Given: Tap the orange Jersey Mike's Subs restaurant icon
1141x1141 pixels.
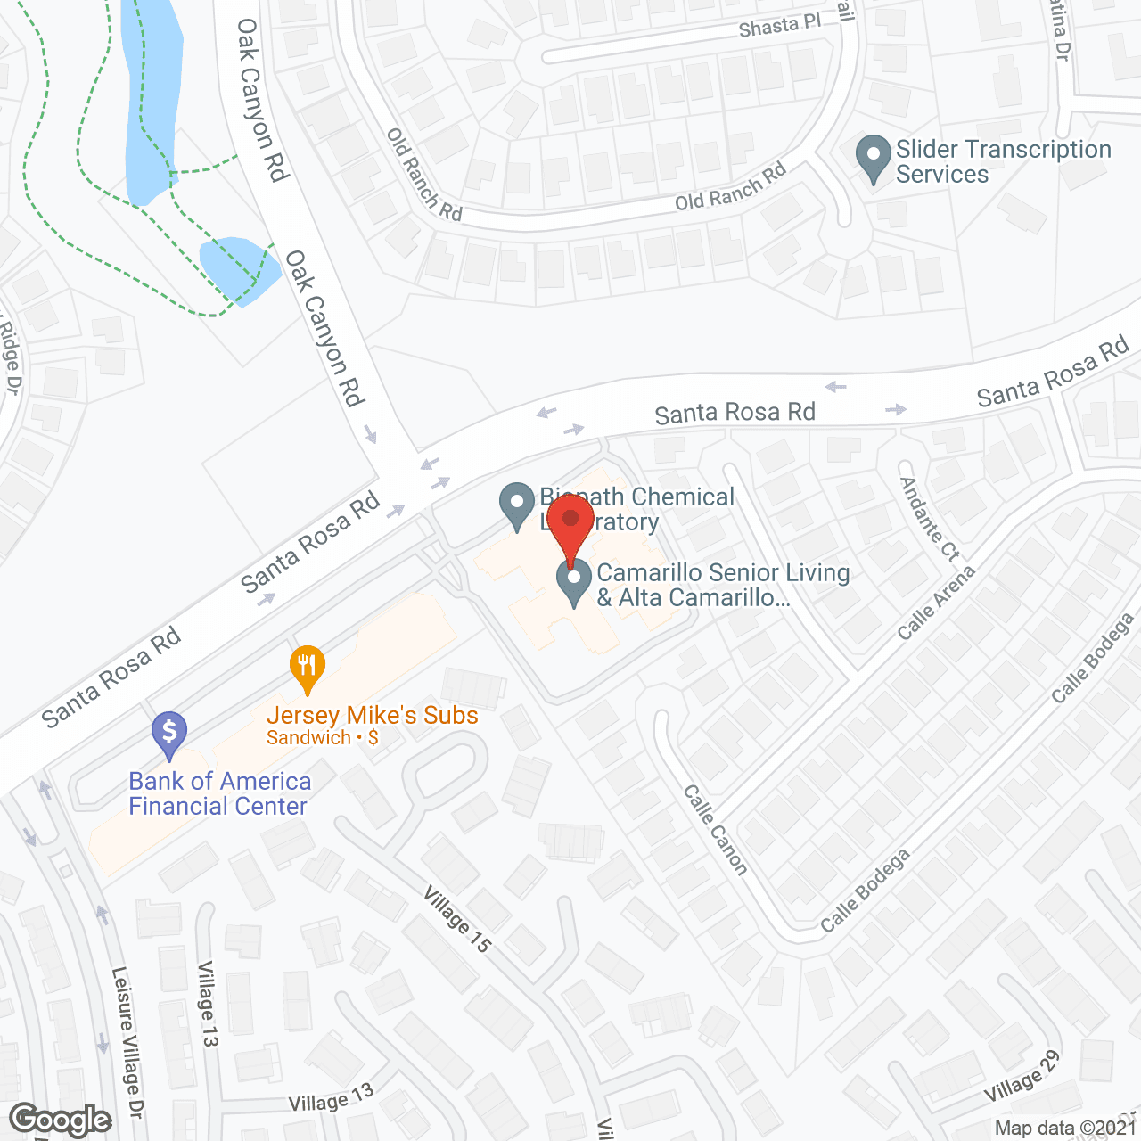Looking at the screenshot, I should pyautogui.click(x=307, y=667).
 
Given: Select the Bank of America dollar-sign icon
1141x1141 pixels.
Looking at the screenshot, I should pyautogui.click(x=168, y=734).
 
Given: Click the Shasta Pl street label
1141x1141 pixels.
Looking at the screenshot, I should pyautogui.click(x=779, y=27).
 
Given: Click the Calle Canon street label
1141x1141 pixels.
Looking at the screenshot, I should pyautogui.click(x=715, y=830).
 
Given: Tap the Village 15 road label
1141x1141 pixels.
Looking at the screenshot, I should pyautogui.click(x=456, y=919).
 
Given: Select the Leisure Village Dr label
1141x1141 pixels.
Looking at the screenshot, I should pyautogui.click(x=127, y=1042).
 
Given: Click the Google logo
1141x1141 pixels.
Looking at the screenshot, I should pyautogui.click(x=61, y=1120).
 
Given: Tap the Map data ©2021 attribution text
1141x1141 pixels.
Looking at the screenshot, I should pyautogui.click(x=1065, y=1129).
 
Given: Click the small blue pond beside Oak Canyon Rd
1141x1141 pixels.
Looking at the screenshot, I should pyautogui.click(x=235, y=268).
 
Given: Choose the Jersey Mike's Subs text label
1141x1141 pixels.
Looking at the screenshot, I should pyautogui.click(x=373, y=716).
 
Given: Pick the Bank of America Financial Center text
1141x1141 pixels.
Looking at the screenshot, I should pyautogui.click(x=219, y=793).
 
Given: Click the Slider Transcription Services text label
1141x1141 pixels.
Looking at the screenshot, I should pyautogui.click(x=1004, y=161).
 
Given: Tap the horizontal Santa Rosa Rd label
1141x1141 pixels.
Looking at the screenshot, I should pyautogui.click(x=735, y=413).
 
